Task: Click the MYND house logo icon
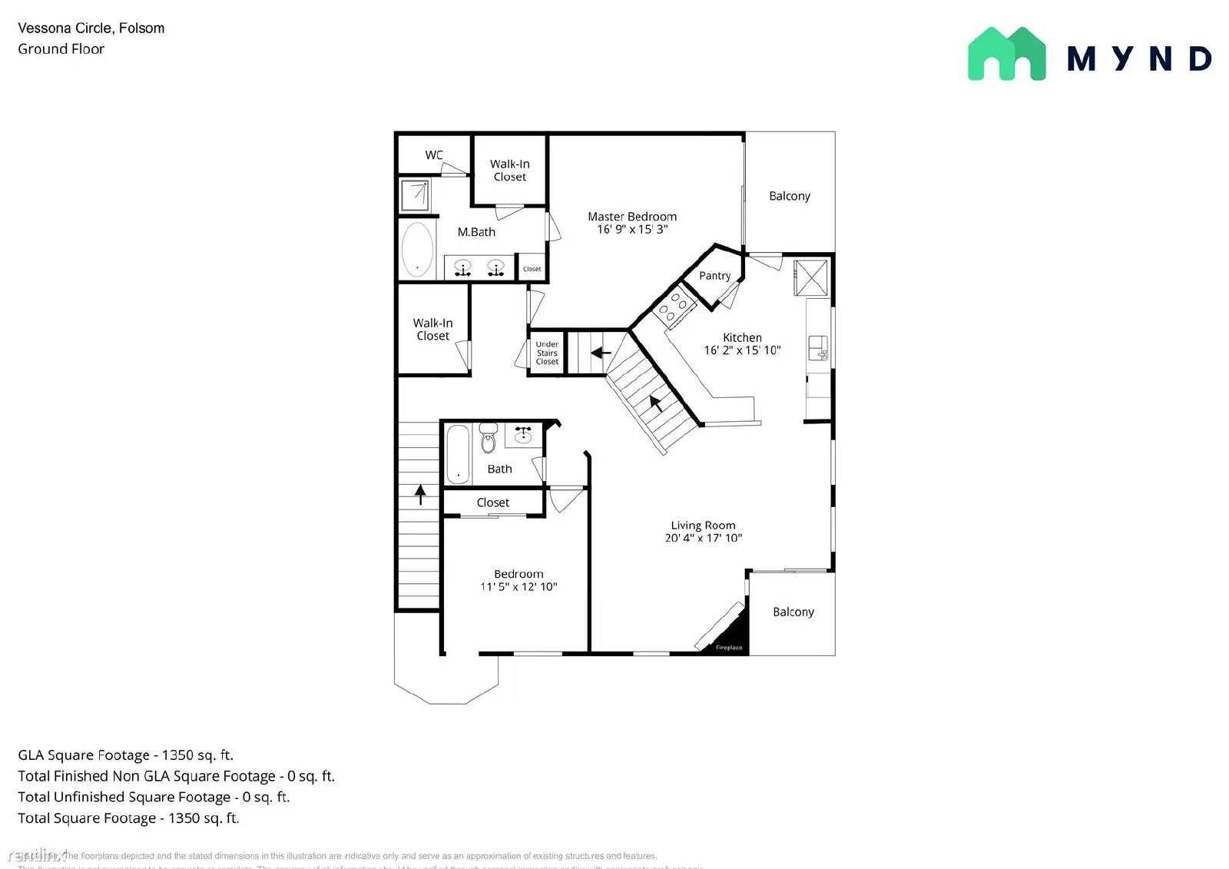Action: click(x=1006, y=54)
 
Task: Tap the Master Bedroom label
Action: click(x=632, y=217)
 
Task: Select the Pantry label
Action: click(x=714, y=276)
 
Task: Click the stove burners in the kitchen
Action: click(x=674, y=306)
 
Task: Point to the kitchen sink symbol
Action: click(x=817, y=347)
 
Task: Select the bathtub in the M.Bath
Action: click(x=417, y=250)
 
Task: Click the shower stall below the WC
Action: click(x=416, y=194)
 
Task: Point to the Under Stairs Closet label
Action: click(x=547, y=353)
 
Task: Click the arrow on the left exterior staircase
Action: click(x=420, y=494)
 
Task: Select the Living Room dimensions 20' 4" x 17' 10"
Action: click(x=703, y=538)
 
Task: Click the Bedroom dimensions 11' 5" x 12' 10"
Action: click(x=518, y=586)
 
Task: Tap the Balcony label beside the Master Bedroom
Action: click(x=790, y=196)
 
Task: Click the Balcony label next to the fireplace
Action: click(x=793, y=612)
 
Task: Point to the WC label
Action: click(x=434, y=155)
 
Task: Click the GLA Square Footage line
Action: click(x=126, y=755)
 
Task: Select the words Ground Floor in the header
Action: click(x=61, y=49)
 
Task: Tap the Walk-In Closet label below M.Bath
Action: click(x=432, y=330)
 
